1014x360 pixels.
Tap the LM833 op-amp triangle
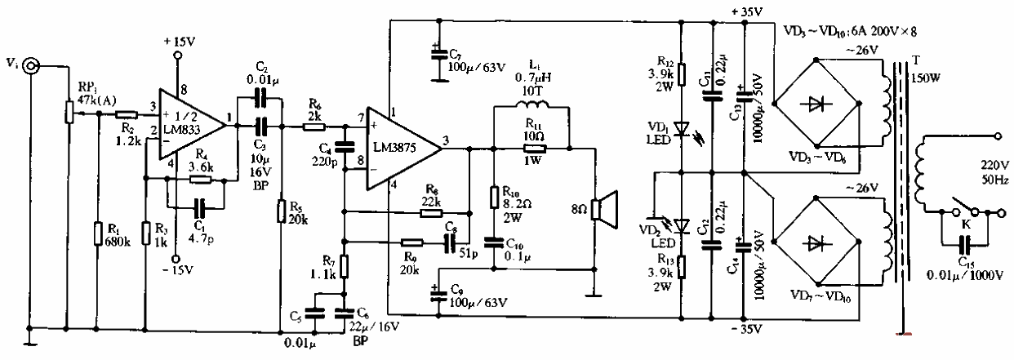point(189,126)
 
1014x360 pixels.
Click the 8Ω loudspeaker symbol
point(603,211)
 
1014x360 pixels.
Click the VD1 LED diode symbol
point(682,129)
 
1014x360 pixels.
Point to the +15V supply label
point(177,39)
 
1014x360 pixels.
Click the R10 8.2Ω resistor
point(493,199)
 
